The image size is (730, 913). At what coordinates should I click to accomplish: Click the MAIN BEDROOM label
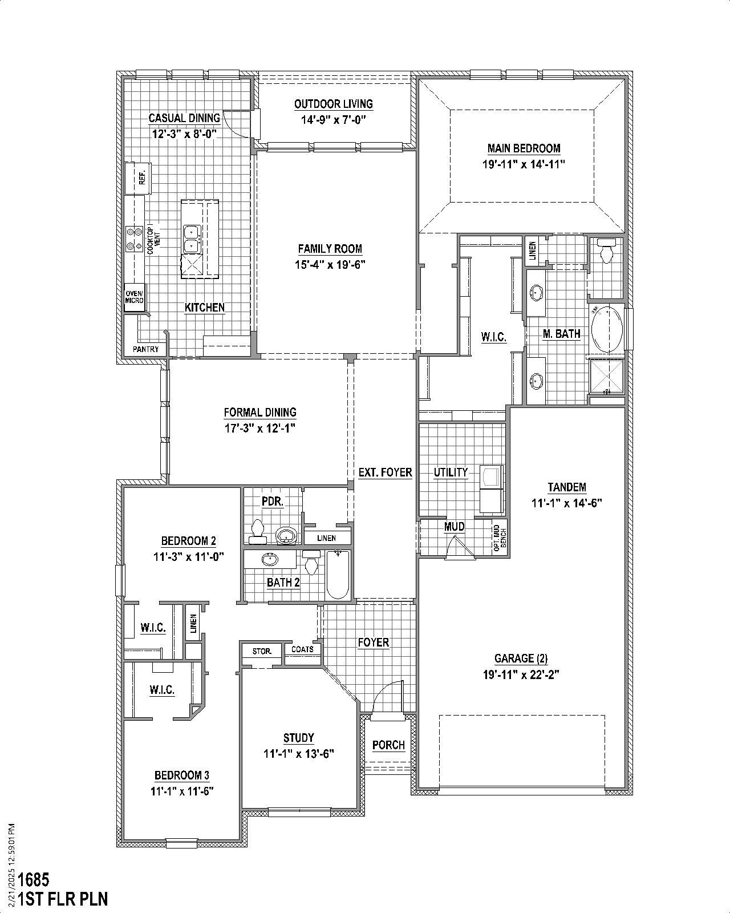point(524,148)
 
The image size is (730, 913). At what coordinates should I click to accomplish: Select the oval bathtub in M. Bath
point(607,330)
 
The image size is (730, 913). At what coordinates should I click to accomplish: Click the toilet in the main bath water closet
point(606,251)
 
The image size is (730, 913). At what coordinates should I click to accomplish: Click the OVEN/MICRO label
point(135,297)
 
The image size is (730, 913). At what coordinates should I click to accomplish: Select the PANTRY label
point(146,349)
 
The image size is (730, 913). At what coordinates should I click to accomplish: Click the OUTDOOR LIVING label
point(334,104)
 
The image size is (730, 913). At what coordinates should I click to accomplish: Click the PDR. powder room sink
point(285,536)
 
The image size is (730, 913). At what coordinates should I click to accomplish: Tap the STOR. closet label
point(262,651)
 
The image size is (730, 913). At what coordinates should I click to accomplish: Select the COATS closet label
point(302,649)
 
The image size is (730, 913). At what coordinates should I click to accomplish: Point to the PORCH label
point(388,745)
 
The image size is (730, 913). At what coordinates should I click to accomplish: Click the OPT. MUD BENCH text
point(500,538)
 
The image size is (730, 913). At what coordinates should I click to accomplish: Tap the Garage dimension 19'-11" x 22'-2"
point(521,674)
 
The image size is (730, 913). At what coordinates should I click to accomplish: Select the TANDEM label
point(566,487)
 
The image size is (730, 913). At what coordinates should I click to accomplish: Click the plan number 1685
point(34,879)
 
